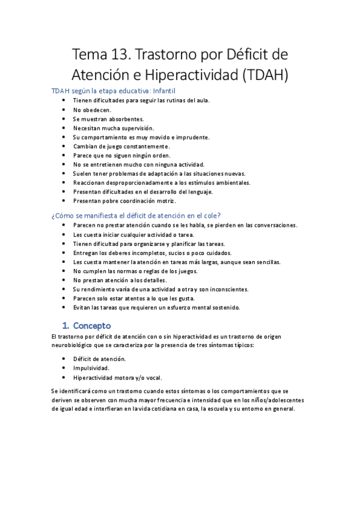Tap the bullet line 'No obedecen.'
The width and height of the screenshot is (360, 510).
pos(92,110)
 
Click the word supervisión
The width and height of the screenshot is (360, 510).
pos(135,128)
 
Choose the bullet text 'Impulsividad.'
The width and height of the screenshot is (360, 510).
pos(91,368)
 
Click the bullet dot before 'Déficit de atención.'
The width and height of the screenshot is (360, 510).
pos(64,359)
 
